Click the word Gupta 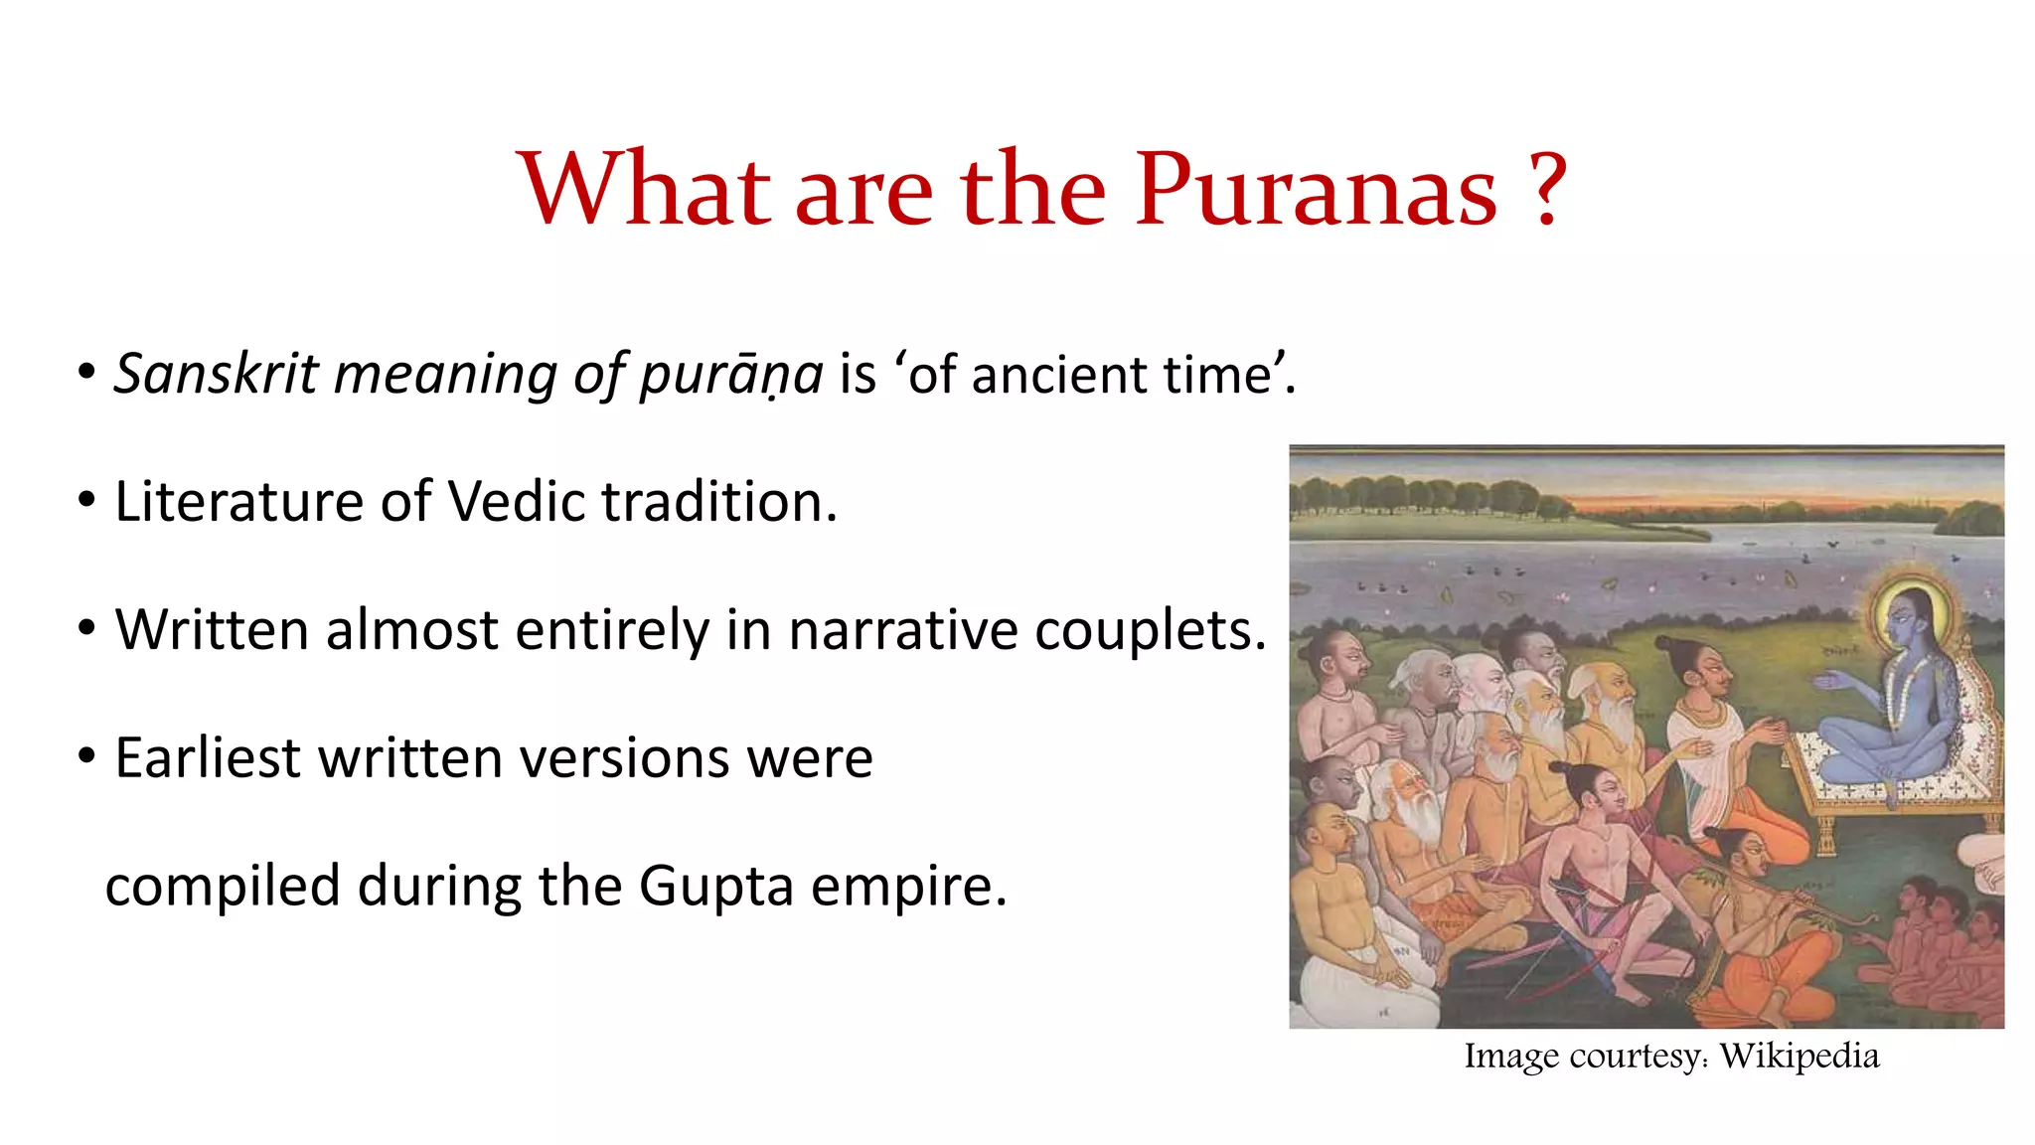[x=715, y=887]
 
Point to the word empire [x=908, y=887]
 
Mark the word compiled [x=223, y=887]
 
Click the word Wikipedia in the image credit [x=1799, y=1056]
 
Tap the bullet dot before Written [x=87, y=628]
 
